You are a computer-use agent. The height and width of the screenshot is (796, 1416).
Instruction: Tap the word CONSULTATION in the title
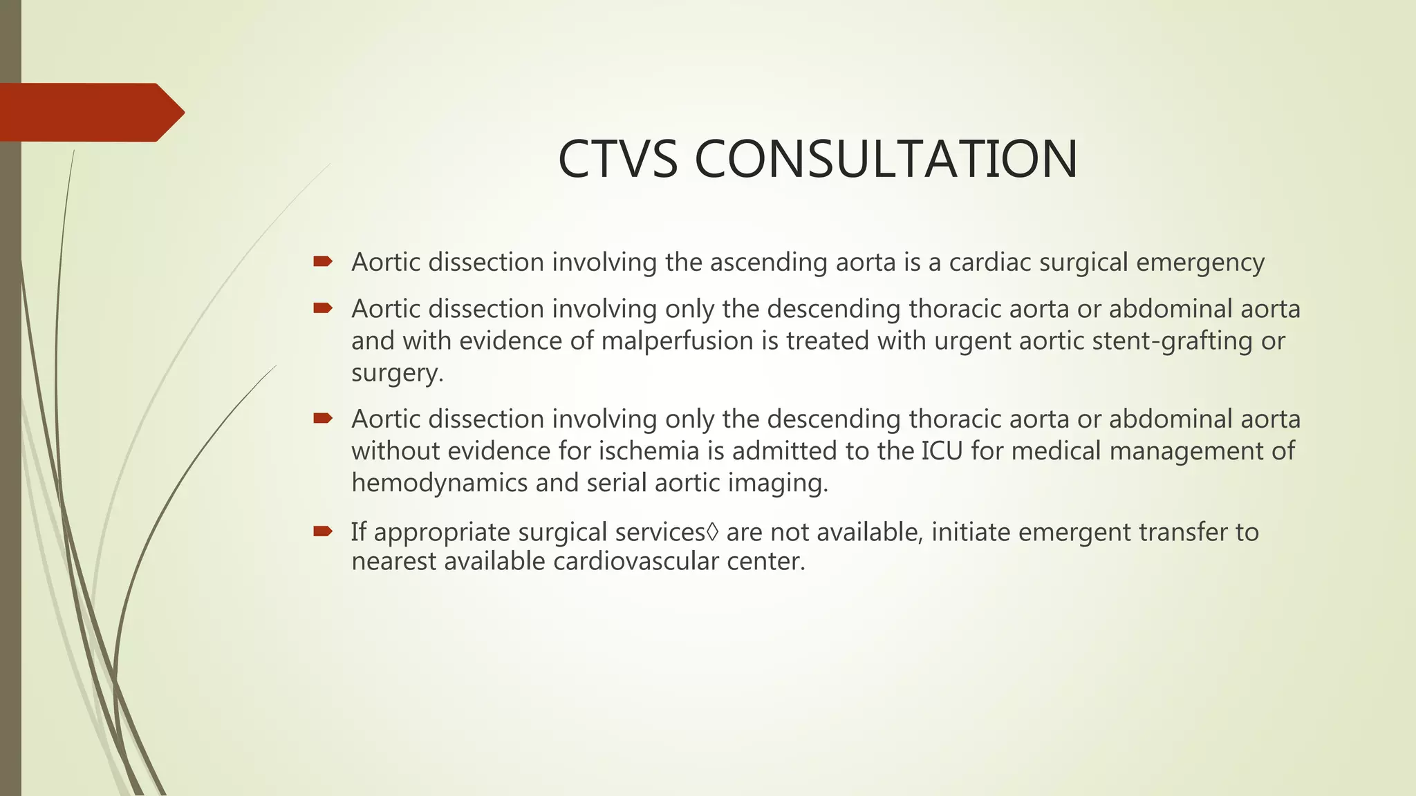(x=886, y=159)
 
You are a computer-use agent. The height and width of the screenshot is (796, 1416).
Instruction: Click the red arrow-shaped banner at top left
(x=90, y=112)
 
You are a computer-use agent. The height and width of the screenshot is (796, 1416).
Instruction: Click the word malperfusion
(x=677, y=341)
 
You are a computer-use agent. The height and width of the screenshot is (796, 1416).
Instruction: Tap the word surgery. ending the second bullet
(x=397, y=373)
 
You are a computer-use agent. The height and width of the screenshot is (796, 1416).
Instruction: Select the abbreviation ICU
(x=942, y=451)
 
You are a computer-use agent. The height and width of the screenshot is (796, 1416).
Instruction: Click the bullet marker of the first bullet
(x=322, y=261)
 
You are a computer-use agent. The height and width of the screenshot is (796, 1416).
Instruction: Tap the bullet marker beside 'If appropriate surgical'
(x=322, y=531)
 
